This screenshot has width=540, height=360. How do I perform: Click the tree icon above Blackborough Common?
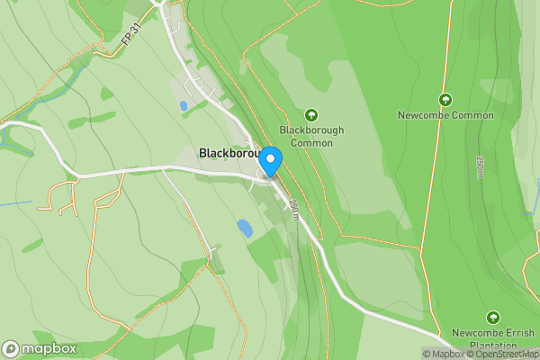pos(311,114)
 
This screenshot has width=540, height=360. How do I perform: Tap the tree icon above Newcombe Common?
pos(445,99)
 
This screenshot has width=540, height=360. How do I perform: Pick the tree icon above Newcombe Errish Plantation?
pos(492,317)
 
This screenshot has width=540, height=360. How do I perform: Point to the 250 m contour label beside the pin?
pos(294,209)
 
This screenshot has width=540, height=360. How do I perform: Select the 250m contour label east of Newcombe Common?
pos(480,166)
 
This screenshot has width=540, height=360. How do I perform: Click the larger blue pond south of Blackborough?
pos(244,228)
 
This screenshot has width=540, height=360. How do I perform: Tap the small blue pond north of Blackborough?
pos(184,106)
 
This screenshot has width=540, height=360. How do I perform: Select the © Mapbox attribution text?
pos(444,354)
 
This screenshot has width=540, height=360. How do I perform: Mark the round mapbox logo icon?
pos(11,348)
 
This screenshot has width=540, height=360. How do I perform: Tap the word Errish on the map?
pos(516,332)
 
